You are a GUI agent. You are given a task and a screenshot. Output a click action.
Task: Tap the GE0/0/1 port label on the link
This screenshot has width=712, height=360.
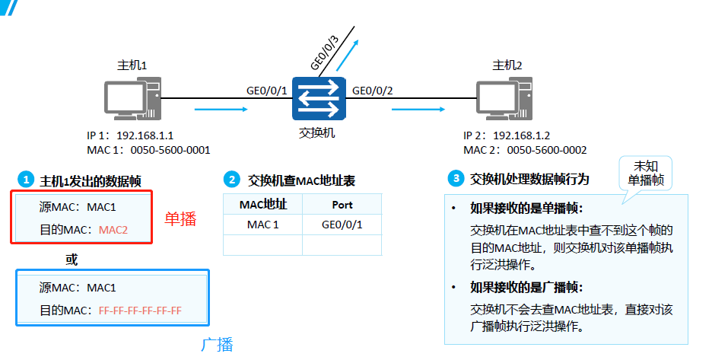point(267,91)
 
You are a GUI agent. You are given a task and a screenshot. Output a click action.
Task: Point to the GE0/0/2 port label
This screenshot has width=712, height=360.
point(373,91)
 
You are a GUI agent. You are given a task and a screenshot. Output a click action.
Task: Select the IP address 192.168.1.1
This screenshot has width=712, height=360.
point(145,135)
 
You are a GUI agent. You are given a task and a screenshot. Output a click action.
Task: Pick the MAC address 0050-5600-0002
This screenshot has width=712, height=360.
point(547,150)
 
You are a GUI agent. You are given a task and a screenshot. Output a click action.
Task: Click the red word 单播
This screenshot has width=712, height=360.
point(180,219)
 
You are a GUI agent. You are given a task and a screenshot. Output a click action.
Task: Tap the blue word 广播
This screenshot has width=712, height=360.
point(217,344)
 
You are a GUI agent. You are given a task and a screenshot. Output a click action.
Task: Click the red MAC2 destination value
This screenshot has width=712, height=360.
point(113,229)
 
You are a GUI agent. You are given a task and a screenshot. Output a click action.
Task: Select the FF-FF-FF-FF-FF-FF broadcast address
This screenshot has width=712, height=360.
point(140,311)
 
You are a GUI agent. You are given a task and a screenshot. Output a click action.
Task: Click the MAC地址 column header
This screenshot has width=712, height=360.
point(262,205)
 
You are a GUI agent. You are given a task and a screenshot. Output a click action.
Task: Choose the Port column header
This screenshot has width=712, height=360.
point(342,205)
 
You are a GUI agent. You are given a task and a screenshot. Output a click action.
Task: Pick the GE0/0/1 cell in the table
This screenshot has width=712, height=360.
point(342,225)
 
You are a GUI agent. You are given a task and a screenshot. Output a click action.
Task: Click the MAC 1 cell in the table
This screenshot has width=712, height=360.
point(262,225)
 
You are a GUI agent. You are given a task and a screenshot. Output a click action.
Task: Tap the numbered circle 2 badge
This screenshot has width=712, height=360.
point(230,180)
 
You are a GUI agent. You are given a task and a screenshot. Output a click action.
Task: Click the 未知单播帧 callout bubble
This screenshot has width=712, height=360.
point(646,174)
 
